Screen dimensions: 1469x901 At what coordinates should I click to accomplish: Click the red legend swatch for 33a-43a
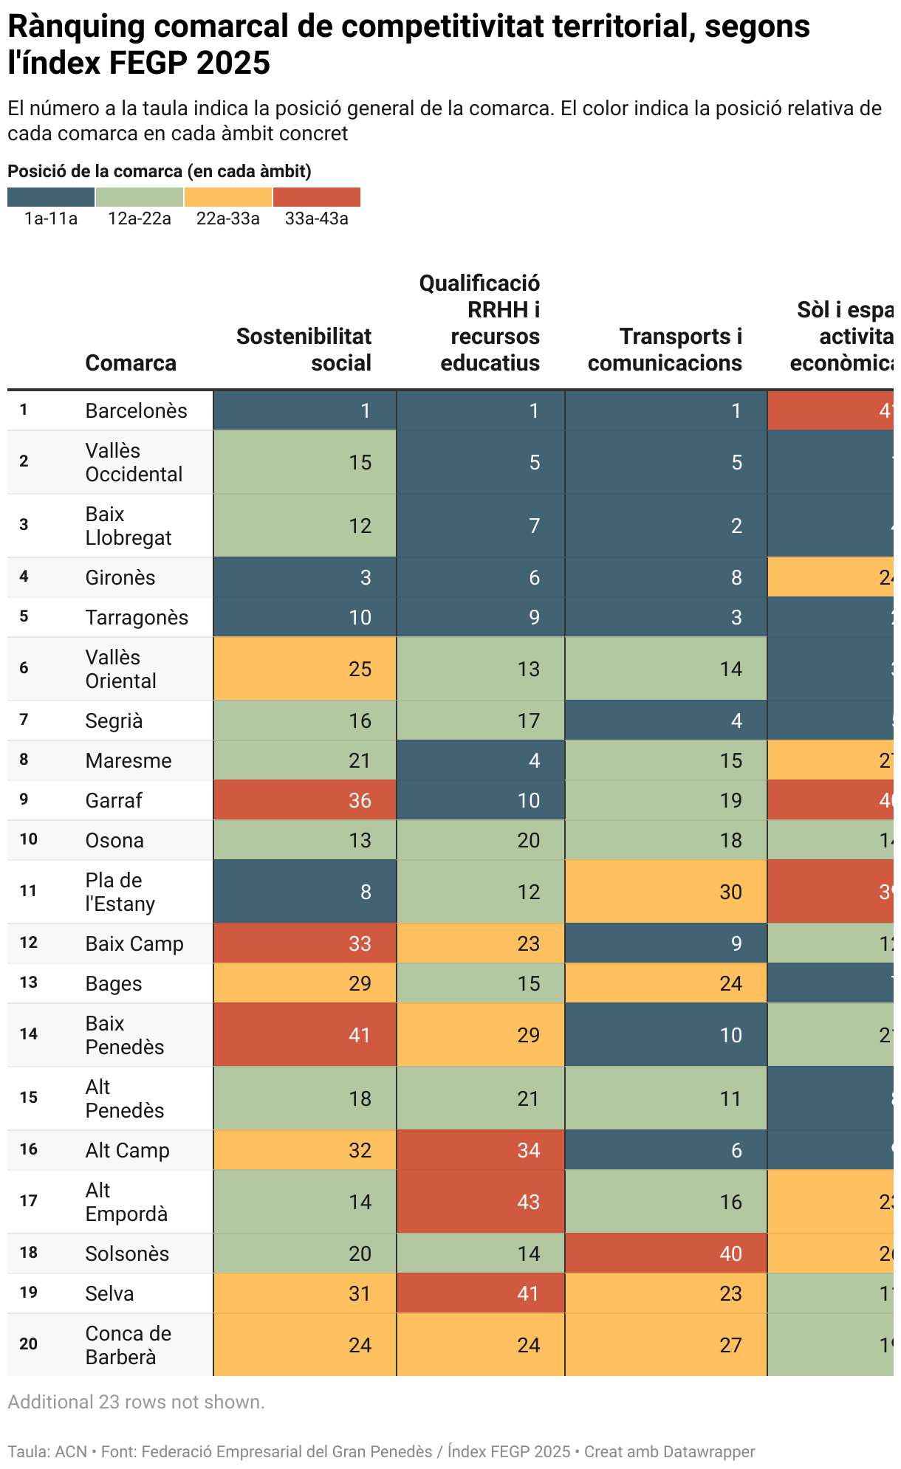pos(317,197)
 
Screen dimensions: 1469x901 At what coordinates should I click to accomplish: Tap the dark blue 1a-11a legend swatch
pos(51,197)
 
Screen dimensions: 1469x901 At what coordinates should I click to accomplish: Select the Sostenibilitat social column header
pos(304,349)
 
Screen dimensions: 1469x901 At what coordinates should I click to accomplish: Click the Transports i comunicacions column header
pos(665,349)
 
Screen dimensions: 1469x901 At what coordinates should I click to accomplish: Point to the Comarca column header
pos(131,362)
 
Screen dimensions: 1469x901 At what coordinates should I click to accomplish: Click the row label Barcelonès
pos(137,410)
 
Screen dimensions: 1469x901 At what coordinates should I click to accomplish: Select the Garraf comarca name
pos(114,800)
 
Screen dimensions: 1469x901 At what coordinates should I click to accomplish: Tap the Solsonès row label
pos(127,1253)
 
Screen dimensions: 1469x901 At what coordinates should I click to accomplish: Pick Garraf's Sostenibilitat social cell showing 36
pos(305,800)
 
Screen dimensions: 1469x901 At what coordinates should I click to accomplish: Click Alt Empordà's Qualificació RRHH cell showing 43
pos(481,1202)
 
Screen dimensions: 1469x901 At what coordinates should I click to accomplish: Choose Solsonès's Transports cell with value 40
pos(666,1253)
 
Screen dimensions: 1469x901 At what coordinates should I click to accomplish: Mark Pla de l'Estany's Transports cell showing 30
pos(666,892)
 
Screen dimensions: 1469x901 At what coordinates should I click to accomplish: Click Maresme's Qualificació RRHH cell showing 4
pos(481,760)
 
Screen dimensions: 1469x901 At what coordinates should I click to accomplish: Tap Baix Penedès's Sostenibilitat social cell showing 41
pos(305,1035)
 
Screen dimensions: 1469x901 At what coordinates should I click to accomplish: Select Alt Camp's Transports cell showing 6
pos(666,1150)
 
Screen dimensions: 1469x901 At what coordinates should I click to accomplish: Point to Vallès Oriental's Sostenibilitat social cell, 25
pos(305,669)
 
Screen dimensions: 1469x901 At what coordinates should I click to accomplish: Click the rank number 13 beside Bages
pos(28,983)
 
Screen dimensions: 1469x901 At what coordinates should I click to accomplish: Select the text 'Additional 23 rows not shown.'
pos(136,1402)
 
